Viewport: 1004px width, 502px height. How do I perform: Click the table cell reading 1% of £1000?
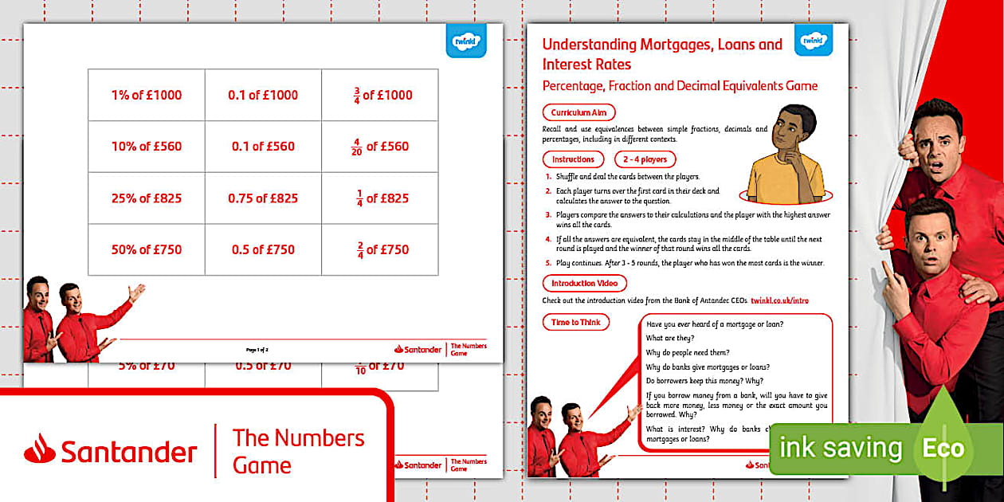(x=147, y=95)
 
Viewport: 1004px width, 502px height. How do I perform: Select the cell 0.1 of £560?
(x=263, y=147)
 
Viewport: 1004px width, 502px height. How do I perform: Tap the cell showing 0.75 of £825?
(x=263, y=198)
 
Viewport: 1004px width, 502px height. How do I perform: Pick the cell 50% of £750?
(x=147, y=249)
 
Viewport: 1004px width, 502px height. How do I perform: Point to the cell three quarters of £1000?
(x=380, y=95)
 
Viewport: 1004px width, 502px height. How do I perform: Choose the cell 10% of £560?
(x=147, y=147)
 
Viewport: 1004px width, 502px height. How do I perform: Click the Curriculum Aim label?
(x=578, y=113)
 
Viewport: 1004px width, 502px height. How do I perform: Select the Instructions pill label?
(x=573, y=159)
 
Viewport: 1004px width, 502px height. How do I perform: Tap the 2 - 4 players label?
(x=645, y=159)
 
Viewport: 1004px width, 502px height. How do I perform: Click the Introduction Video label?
(x=584, y=283)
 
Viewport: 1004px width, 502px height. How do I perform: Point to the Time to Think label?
(x=575, y=322)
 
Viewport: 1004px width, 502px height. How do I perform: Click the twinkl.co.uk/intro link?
(x=785, y=300)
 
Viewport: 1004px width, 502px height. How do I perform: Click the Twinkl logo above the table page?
(x=465, y=41)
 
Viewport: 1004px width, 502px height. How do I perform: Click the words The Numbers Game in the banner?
(x=298, y=451)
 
